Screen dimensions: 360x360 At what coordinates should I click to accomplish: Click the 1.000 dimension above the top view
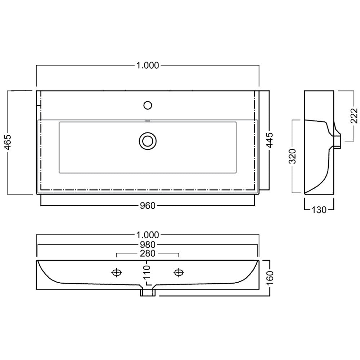point(148,66)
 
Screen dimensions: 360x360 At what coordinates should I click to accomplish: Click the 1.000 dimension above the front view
point(148,235)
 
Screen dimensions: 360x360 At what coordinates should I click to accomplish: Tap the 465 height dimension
point(8,142)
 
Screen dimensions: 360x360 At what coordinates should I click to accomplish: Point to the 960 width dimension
point(148,206)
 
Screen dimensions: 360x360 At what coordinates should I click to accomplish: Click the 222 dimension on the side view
point(354,116)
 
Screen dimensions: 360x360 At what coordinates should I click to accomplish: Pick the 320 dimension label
point(292,156)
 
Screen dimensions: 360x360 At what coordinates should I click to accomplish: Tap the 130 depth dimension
point(319,210)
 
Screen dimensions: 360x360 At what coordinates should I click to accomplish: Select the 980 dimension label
point(148,245)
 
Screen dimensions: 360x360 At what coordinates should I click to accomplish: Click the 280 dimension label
point(148,253)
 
